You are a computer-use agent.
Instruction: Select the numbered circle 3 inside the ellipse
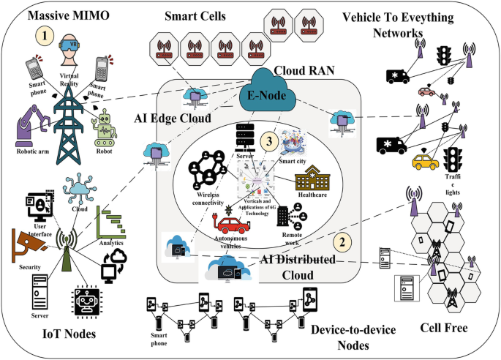[272, 142]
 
